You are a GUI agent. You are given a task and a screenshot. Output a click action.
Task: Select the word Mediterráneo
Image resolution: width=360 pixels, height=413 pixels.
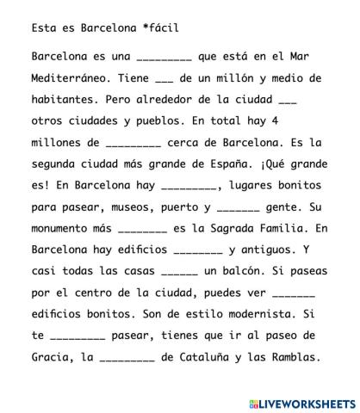tap(69, 77)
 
